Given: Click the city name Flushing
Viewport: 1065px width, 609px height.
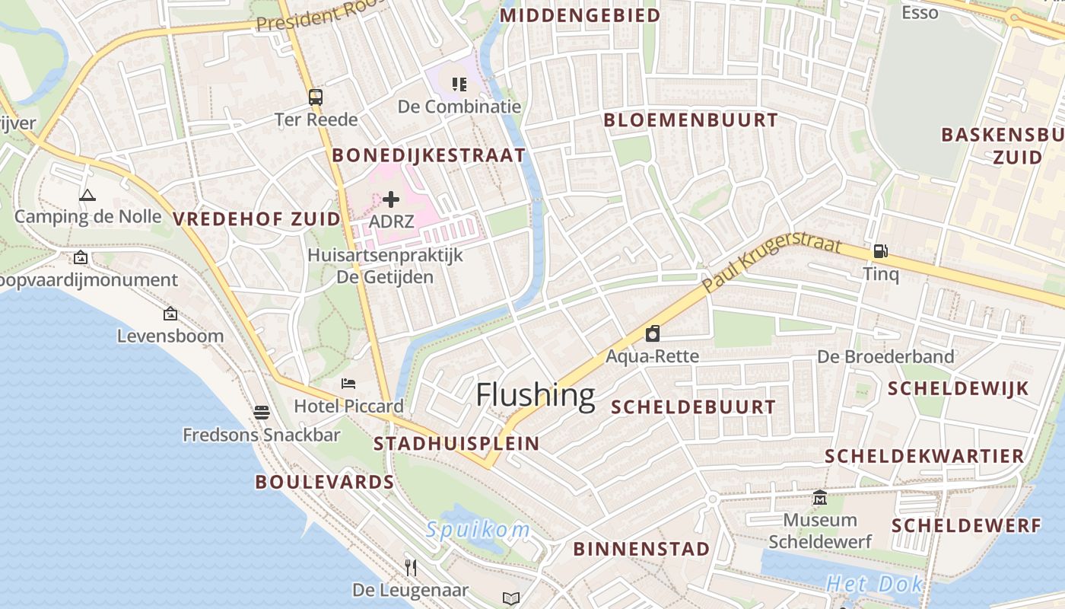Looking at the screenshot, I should (535, 395).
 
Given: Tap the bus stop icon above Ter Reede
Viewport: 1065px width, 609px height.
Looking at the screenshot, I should (315, 97).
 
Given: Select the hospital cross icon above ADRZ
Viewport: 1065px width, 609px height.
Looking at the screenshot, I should (391, 200).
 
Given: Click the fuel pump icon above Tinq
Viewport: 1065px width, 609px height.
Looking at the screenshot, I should (880, 250).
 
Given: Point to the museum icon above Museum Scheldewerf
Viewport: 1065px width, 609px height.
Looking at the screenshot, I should (820, 498).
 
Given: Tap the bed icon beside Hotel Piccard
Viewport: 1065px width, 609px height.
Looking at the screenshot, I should (348, 384).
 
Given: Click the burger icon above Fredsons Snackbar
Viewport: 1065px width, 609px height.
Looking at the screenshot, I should (262, 413).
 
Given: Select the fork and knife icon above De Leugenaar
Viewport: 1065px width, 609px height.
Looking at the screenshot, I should (411, 567).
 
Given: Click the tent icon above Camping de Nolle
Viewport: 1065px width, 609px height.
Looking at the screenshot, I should (87, 195).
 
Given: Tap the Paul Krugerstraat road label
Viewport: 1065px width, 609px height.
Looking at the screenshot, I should (771, 263).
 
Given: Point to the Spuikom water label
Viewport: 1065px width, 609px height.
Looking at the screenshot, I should (478, 530).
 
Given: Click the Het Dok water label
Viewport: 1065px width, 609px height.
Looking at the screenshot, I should (875, 585).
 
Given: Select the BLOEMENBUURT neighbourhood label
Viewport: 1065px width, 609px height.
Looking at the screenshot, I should (691, 120).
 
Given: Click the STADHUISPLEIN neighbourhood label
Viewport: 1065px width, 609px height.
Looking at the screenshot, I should (456, 443).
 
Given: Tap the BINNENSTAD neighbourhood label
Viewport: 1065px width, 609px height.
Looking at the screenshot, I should (641, 549).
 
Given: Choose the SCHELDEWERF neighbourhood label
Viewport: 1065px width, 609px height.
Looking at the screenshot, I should (966, 526).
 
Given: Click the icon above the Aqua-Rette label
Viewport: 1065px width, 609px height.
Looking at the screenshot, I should (652, 333).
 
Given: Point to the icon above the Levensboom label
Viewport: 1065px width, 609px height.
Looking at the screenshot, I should (170, 314).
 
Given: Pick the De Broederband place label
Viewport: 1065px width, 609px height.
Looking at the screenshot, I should (885, 356).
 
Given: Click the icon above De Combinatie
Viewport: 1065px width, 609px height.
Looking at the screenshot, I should (459, 84).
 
